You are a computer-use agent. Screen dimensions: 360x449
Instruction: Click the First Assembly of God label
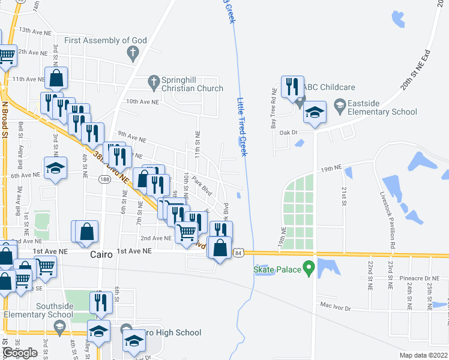pos(106,41)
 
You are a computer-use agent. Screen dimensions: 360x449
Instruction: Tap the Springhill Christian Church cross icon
pos(153,81)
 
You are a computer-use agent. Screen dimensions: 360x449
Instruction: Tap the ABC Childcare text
pos(329,87)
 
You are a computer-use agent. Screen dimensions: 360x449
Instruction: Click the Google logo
pos(20,353)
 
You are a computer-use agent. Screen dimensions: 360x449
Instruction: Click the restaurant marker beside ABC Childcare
pos(292,88)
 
